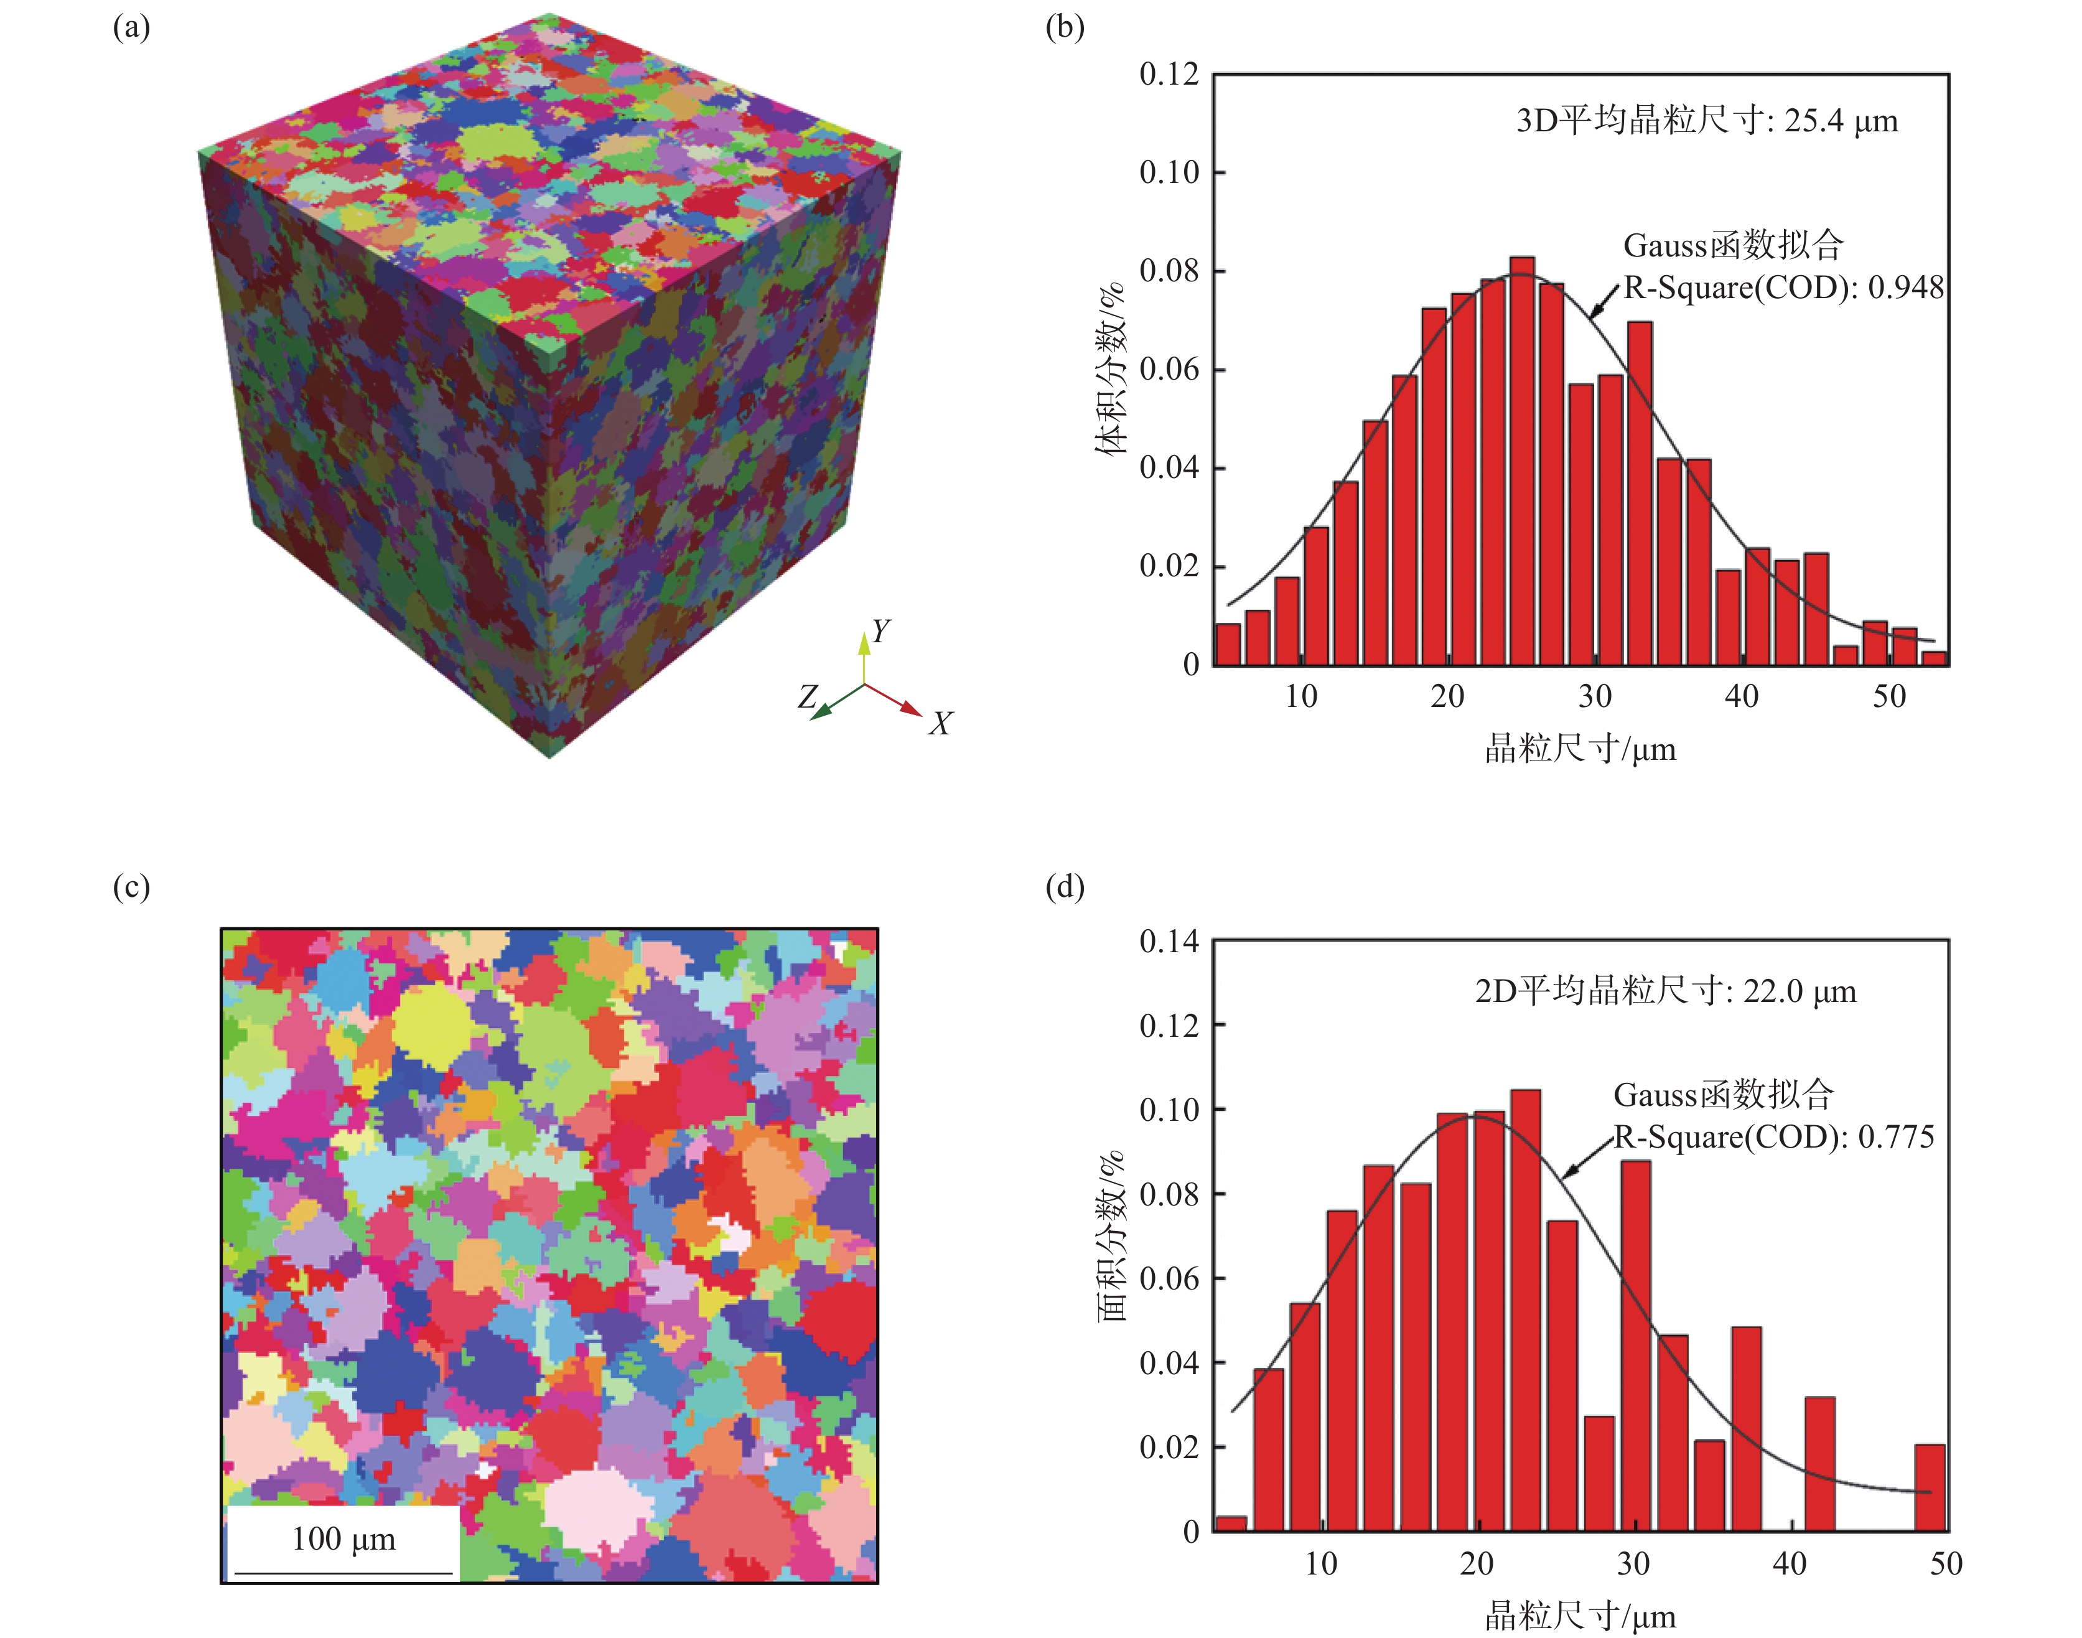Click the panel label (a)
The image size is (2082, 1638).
(x=131, y=28)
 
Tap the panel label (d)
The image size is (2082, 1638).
(x=1065, y=887)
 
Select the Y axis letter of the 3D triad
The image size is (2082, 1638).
(x=880, y=631)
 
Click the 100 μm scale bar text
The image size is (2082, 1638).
(x=343, y=1539)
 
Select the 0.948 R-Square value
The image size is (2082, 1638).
(x=1905, y=288)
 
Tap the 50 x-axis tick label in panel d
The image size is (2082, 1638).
(x=1946, y=1564)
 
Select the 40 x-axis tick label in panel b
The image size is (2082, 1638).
(x=1742, y=696)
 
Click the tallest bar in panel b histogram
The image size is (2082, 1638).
(x=1522, y=461)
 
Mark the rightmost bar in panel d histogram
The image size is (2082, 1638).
(x=1930, y=1487)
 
